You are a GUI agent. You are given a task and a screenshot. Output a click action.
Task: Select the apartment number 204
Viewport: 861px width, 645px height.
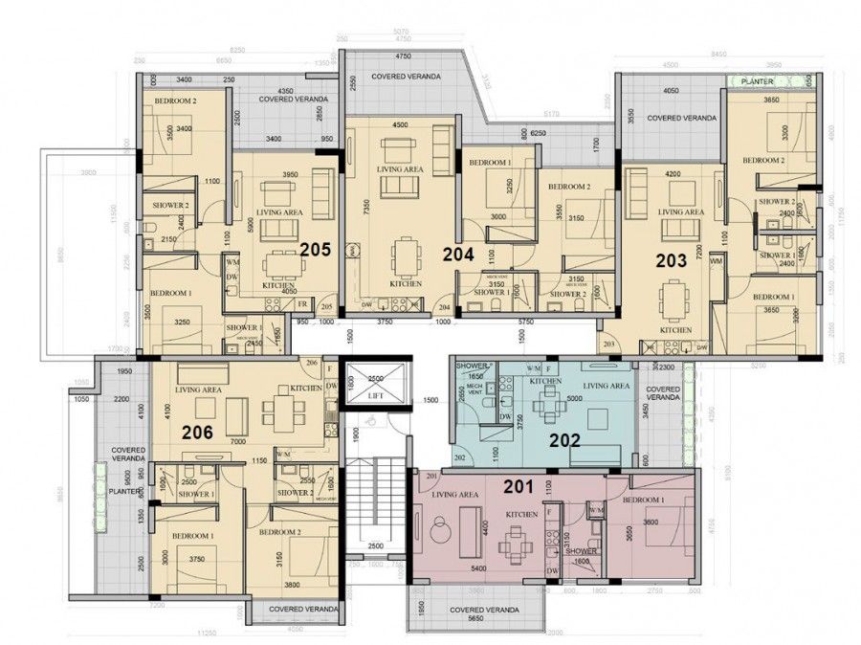tap(457, 255)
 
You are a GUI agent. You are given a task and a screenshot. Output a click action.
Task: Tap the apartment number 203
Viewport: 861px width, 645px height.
tap(673, 258)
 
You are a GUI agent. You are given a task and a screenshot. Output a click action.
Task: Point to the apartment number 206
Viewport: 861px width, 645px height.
tap(197, 433)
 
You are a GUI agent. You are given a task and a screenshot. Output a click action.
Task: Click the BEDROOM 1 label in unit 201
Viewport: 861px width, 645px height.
tap(644, 500)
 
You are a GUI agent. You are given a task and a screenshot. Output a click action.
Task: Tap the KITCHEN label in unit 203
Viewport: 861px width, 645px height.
tap(675, 329)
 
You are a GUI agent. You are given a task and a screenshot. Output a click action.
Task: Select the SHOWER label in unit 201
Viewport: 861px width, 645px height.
tap(581, 551)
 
